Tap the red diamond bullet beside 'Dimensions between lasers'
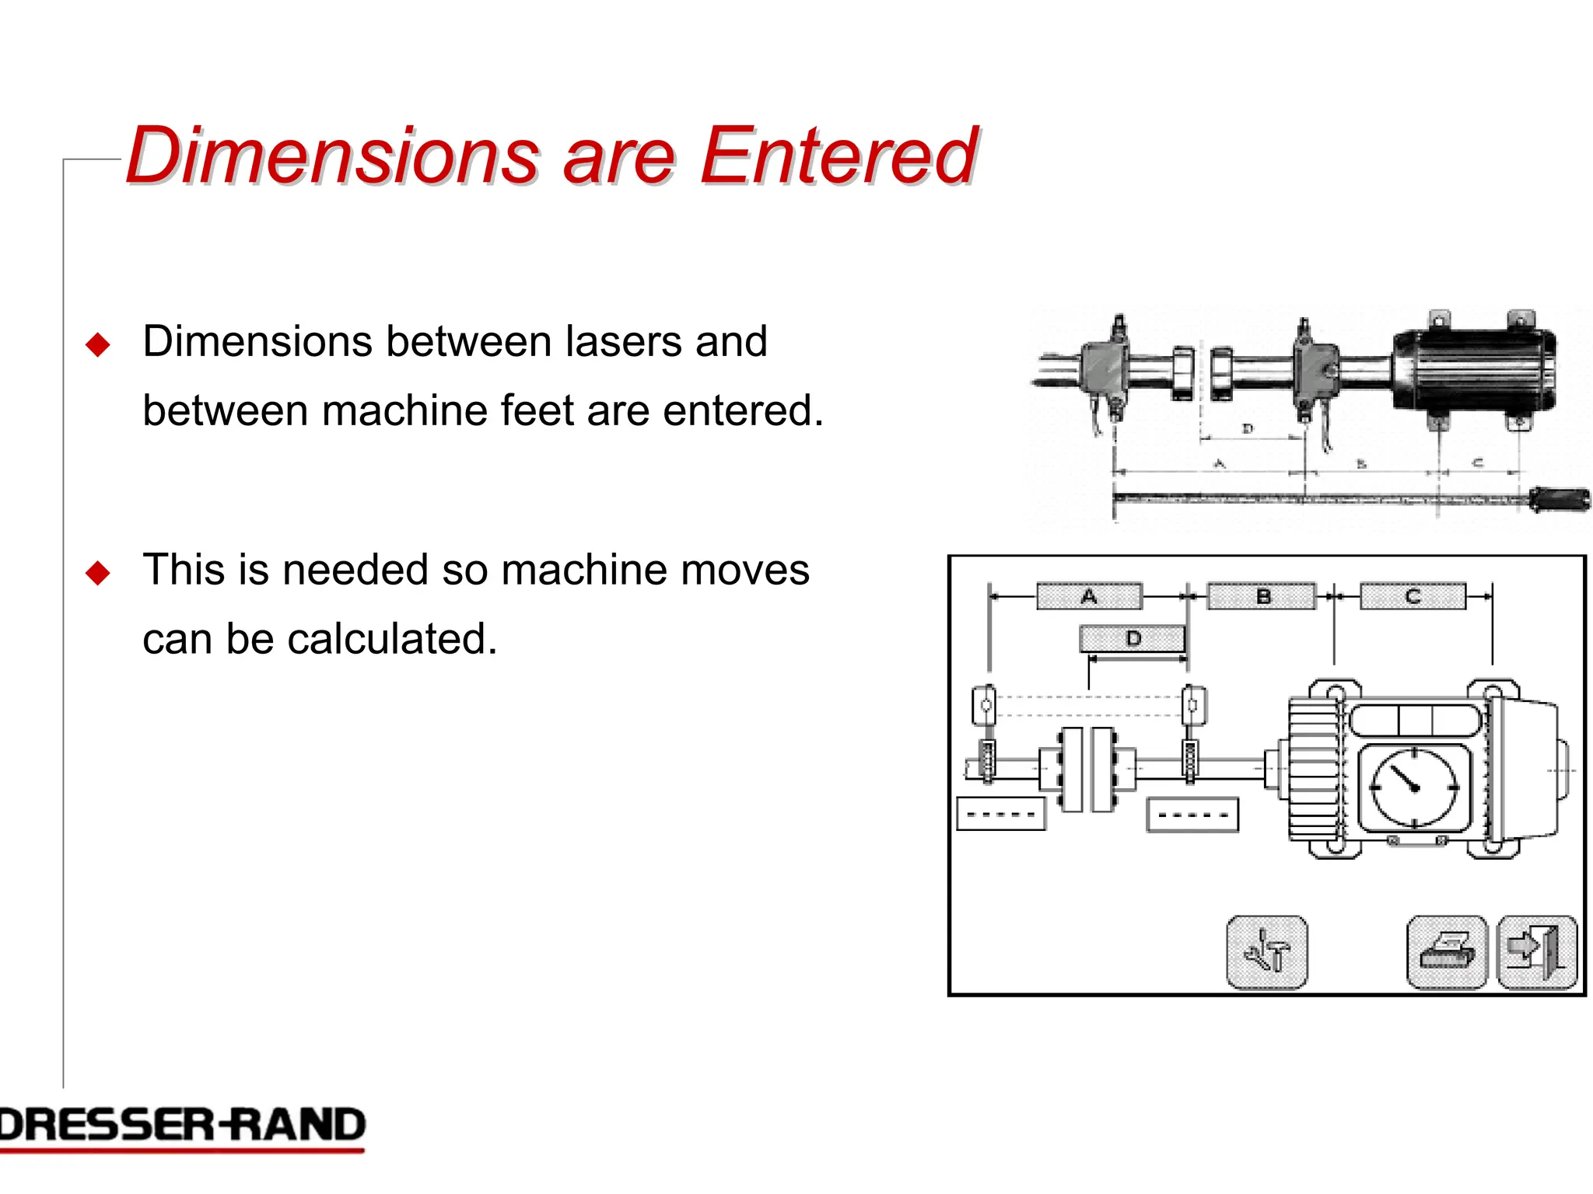[x=98, y=344]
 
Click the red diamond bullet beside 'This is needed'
[x=98, y=573]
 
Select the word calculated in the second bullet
[x=392, y=639]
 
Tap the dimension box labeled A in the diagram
[x=1089, y=596]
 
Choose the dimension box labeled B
[x=1262, y=596]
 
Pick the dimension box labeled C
[x=1413, y=596]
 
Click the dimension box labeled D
[x=1133, y=639]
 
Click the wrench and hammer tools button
[x=1266, y=952]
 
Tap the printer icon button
[x=1447, y=952]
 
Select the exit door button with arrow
[x=1537, y=952]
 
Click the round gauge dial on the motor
[x=1414, y=787]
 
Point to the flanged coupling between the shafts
[x=1087, y=770]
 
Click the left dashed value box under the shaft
[x=1000, y=815]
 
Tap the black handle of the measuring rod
[x=1560, y=498]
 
